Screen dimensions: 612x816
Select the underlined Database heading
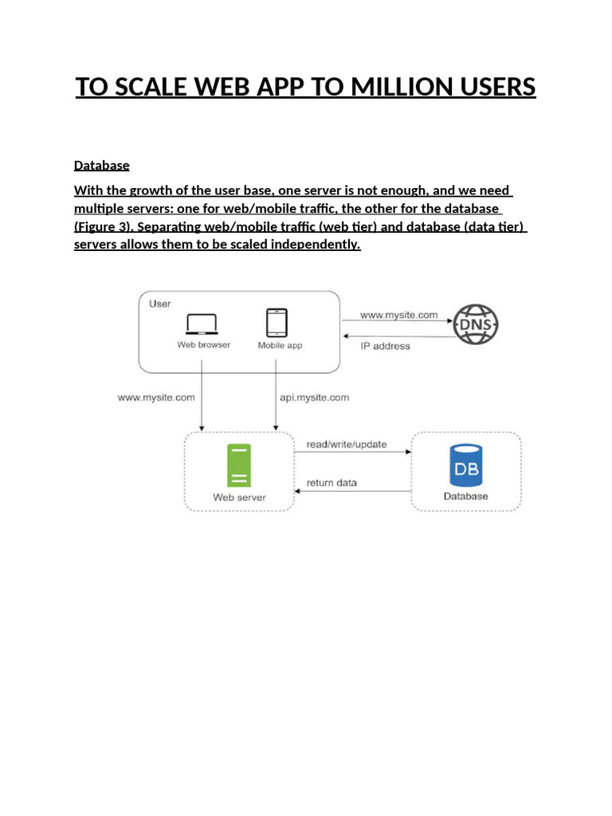[x=101, y=165]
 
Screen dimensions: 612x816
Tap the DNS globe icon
[x=475, y=325]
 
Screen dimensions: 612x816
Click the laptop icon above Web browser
[x=202, y=324]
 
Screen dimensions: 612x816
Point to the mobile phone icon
[x=277, y=323]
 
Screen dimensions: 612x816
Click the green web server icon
[x=238, y=465]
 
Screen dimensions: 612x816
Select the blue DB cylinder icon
[x=465, y=466]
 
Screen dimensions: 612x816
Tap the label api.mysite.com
[x=314, y=397]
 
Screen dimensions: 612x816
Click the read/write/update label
[x=347, y=444]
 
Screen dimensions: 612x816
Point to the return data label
[x=331, y=482]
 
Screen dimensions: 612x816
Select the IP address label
[x=385, y=346]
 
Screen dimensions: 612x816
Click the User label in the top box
[x=160, y=304]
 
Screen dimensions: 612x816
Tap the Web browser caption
[x=203, y=345]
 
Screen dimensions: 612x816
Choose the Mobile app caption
[x=280, y=346]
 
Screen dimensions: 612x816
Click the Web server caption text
[x=239, y=497]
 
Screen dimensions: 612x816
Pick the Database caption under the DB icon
[x=465, y=496]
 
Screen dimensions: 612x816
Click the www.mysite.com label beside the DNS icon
[x=398, y=315]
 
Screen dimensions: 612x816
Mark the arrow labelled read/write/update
[x=352, y=452]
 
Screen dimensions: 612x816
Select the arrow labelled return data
[x=352, y=491]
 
